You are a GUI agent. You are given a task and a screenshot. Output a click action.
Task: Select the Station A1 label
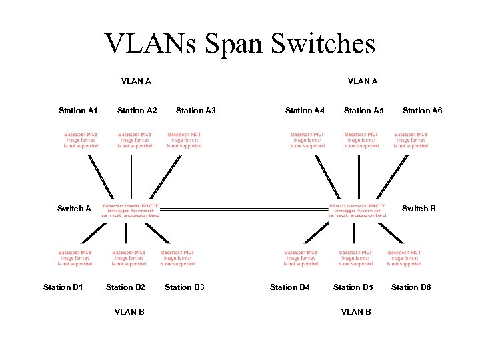[78, 111]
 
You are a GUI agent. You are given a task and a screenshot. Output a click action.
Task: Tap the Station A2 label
[137, 111]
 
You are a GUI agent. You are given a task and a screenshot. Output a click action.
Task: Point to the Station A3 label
[195, 111]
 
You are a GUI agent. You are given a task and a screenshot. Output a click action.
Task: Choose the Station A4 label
[305, 111]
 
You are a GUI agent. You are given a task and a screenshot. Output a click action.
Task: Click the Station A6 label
[422, 111]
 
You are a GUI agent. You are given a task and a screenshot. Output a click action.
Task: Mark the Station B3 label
[184, 287]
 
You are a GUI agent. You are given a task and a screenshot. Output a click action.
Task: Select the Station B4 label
[289, 287]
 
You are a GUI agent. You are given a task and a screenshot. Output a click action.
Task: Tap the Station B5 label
[353, 287]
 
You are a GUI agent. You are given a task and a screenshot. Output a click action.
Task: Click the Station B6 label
[411, 287]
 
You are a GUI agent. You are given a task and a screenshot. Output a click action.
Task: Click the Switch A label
[74, 209]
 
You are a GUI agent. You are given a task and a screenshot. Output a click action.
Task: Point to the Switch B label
[419, 209]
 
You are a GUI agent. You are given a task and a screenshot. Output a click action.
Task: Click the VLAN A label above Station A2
[136, 81]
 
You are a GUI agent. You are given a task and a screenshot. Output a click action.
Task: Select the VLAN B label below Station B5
[356, 311]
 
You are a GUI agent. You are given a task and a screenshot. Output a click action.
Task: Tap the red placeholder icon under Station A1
[81, 140]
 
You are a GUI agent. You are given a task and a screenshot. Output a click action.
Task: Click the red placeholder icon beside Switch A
[131, 211]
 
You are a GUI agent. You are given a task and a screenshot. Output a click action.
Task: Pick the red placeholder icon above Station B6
[404, 258]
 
